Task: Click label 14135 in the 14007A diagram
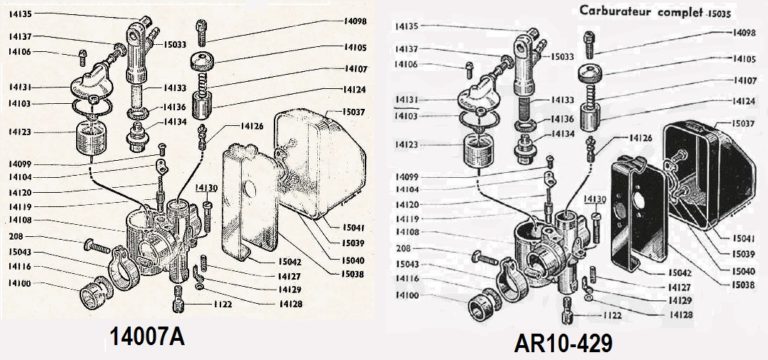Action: coord(19,15)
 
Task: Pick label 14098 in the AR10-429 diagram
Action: coord(744,33)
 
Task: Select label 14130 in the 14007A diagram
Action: coord(206,187)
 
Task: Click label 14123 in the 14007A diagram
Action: coord(19,131)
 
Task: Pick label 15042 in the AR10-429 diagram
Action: coord(652,272)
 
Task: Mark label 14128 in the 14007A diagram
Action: coord(291,302)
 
